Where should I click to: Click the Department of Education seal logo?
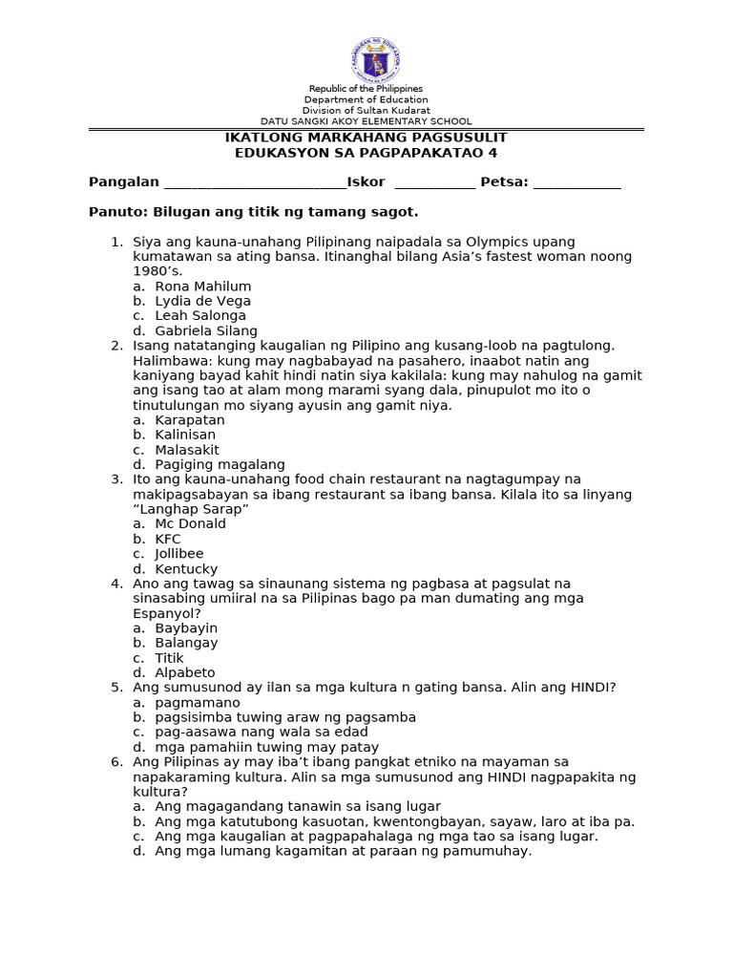(x=374, y=59)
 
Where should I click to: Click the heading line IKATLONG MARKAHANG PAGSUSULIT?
(x=366, y=138)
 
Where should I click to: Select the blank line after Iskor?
(x=434, y=183)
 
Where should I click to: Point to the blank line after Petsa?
(x=576, y=183)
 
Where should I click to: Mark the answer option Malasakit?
(x=187, y=450)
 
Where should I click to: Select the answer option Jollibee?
(x=179, y=554)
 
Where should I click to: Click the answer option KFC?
(x=168, y=539)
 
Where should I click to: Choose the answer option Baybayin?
(x=186, y=628)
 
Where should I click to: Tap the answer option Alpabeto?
(x=185, y=672)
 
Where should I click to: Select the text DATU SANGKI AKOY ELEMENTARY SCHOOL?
(x=366, y=121)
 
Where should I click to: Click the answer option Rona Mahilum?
(x=202, y=287)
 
